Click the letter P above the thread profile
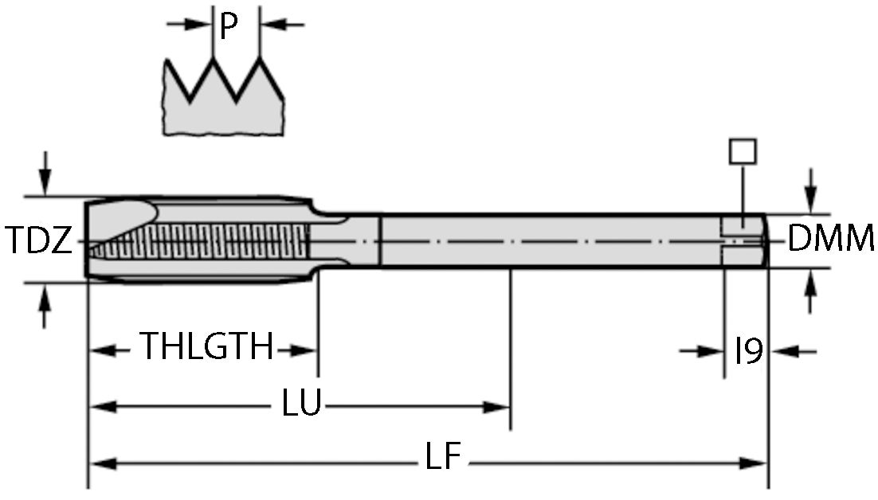point(229,28)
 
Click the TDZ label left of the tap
point(40,239)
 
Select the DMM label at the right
point(831,239)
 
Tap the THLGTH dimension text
point(207,348)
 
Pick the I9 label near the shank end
point(748,350)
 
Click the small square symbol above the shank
point(743,150)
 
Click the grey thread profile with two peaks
point(223,107)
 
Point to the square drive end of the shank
point(745,240)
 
